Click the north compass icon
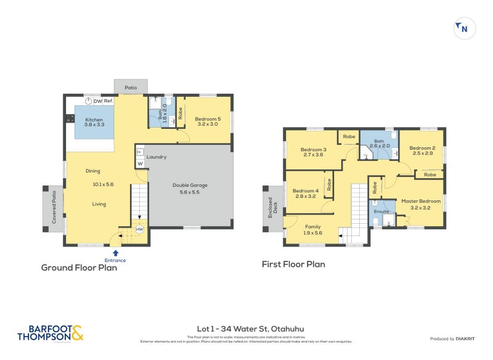coord(464,28)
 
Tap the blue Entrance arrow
coord(115,252)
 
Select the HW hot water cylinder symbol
coord(139,229)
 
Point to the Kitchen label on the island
coord(94,120)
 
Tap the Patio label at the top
coord(131,88)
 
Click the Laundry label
coord(157,157)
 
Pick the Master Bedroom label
coord(421,201)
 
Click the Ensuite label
coord(381,211)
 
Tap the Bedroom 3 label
coord(313,150)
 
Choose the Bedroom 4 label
coord(305,190)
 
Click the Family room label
coord(314,226)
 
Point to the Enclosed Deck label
coord(272,205)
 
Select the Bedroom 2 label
coord(422,148)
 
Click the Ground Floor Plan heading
coord(79,268)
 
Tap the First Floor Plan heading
coord(293,264)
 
